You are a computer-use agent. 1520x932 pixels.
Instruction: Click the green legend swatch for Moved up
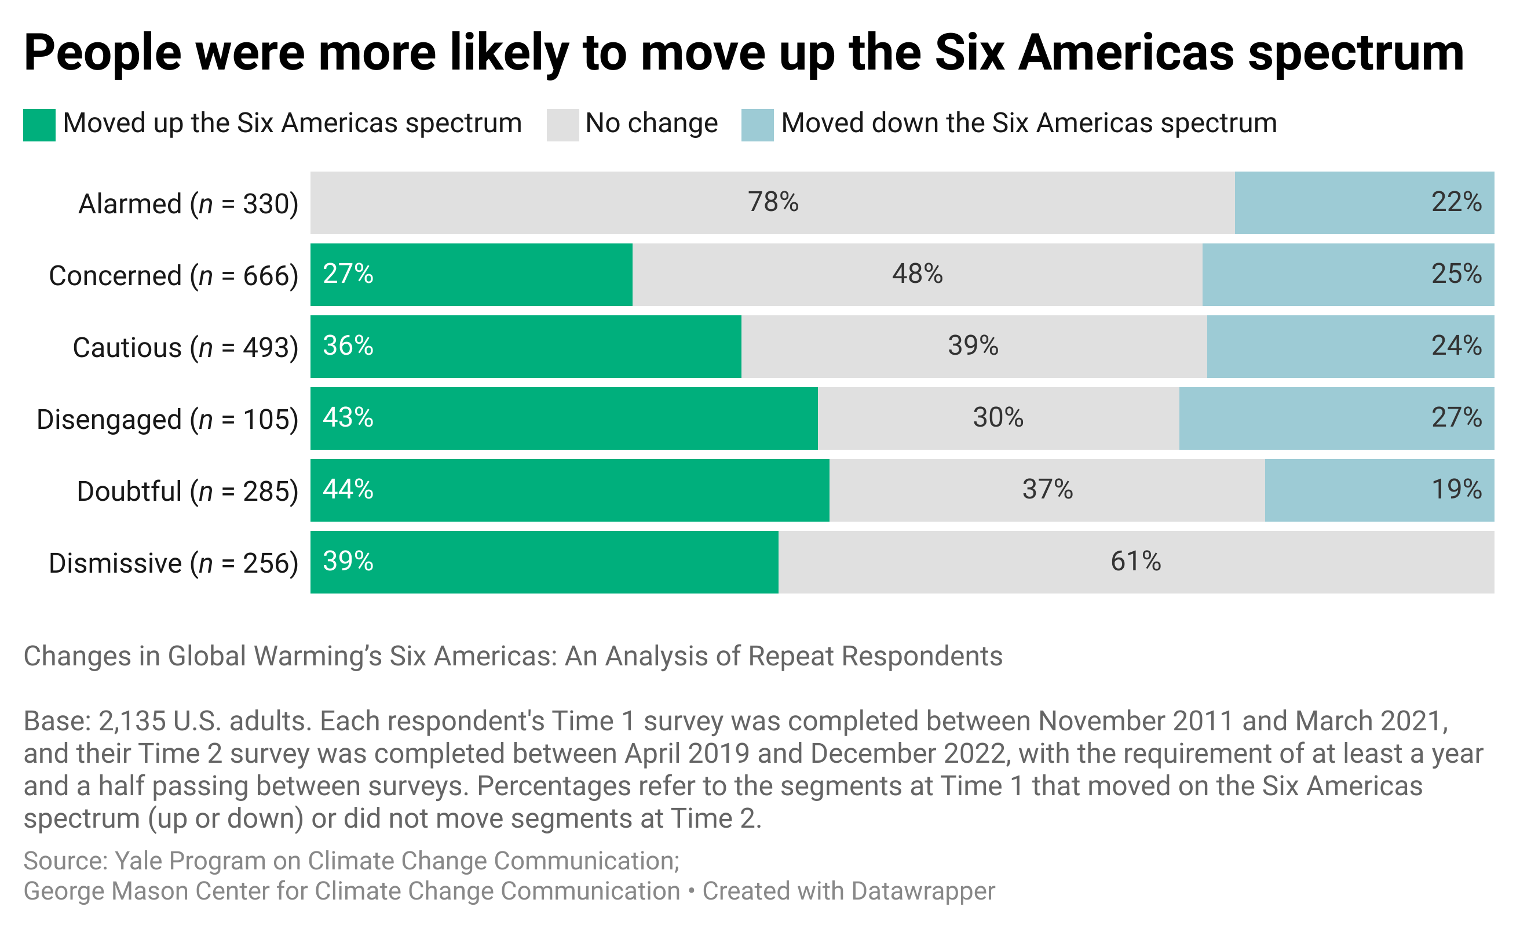click(39, 125)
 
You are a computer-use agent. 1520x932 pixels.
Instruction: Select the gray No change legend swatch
click(562, 125)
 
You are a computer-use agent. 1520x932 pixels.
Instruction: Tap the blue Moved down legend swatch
click(757, 125)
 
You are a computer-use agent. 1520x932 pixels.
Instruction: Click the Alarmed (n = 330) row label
click(188, 203)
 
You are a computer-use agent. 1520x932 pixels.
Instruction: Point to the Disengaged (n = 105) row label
click(167, 419)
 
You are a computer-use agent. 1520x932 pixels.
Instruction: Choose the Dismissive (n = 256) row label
click(173, 563)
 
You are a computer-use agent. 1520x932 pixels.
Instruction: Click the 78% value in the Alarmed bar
click(773, 202)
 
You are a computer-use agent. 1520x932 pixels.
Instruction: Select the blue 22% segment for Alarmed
click(1364, 202)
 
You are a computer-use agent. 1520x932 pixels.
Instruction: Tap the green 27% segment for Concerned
click(471, 275)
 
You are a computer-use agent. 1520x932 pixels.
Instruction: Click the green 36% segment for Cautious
click(525, 346)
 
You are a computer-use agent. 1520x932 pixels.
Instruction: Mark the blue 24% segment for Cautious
click(1350, 346)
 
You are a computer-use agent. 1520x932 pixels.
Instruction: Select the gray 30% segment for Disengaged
click(997, 418)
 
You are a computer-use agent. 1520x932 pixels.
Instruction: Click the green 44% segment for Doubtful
click(569, 490)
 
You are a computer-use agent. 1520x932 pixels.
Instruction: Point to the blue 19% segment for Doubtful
click(1379, 490)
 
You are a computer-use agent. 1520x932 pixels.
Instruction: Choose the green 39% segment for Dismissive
click(543, 562)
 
